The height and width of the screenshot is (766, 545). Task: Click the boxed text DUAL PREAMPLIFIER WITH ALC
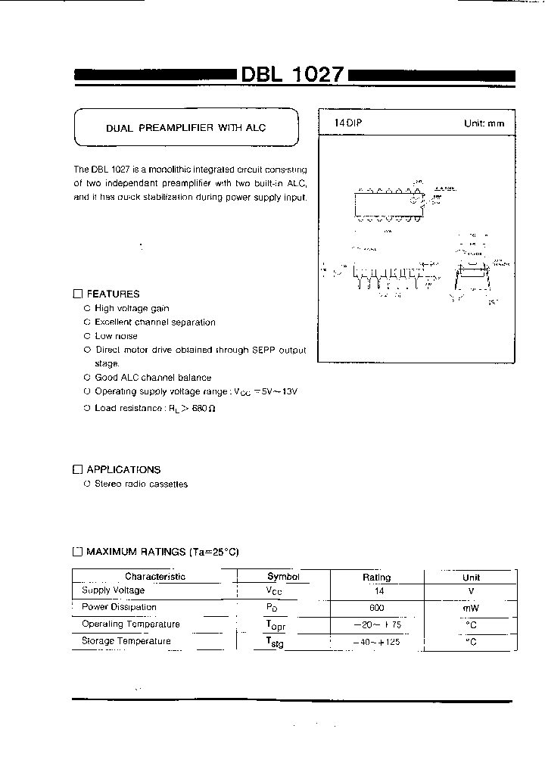[x=185, y=128]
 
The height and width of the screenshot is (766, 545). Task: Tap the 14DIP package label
[x=349, y=123]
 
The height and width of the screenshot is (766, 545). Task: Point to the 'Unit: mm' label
[x=484, y=123]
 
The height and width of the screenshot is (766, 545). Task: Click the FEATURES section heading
[x=113, y=294]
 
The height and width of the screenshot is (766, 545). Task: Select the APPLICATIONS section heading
[x=123, y=469]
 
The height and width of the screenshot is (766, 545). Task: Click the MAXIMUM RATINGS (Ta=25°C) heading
[x=162, y=552]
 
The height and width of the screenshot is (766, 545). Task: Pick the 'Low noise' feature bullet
[x=116, y=336]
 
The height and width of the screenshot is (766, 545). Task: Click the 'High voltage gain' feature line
[x=132, y=309]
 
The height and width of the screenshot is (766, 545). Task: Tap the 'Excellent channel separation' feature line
[x=154, y=322]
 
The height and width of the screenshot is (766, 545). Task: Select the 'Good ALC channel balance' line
[x=153, y=377]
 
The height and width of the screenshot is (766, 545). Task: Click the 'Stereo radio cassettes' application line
[x=141, y=484]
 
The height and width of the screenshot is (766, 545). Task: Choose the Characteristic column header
[x=154, y=577]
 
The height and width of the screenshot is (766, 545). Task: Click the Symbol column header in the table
[x=283, y=577]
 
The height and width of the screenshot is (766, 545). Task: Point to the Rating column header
[x=376, y=577]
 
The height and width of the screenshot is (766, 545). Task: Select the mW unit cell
[x=471, y=608]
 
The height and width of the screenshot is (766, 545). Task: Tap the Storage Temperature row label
[x=126, y=641]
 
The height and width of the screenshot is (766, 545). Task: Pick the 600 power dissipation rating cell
[x=376, y=608]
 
